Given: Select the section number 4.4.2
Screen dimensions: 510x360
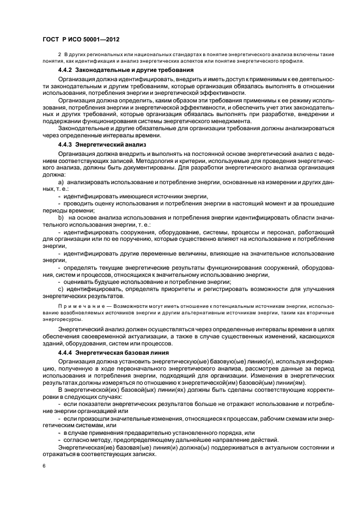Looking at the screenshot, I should click(x=65, y=71).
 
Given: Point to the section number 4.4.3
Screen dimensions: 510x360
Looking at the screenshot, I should click(x=65, y=146).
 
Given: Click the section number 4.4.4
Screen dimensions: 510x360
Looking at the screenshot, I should click(x=65, y=353).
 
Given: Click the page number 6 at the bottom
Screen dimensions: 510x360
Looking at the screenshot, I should click(x=44, y=466).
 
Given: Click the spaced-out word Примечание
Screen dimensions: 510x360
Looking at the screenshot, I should click(x=80, y=307).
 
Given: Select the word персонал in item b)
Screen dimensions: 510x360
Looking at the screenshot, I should click(x=273, y=232).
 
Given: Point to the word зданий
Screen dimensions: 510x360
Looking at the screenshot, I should click(x=52, y=344).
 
